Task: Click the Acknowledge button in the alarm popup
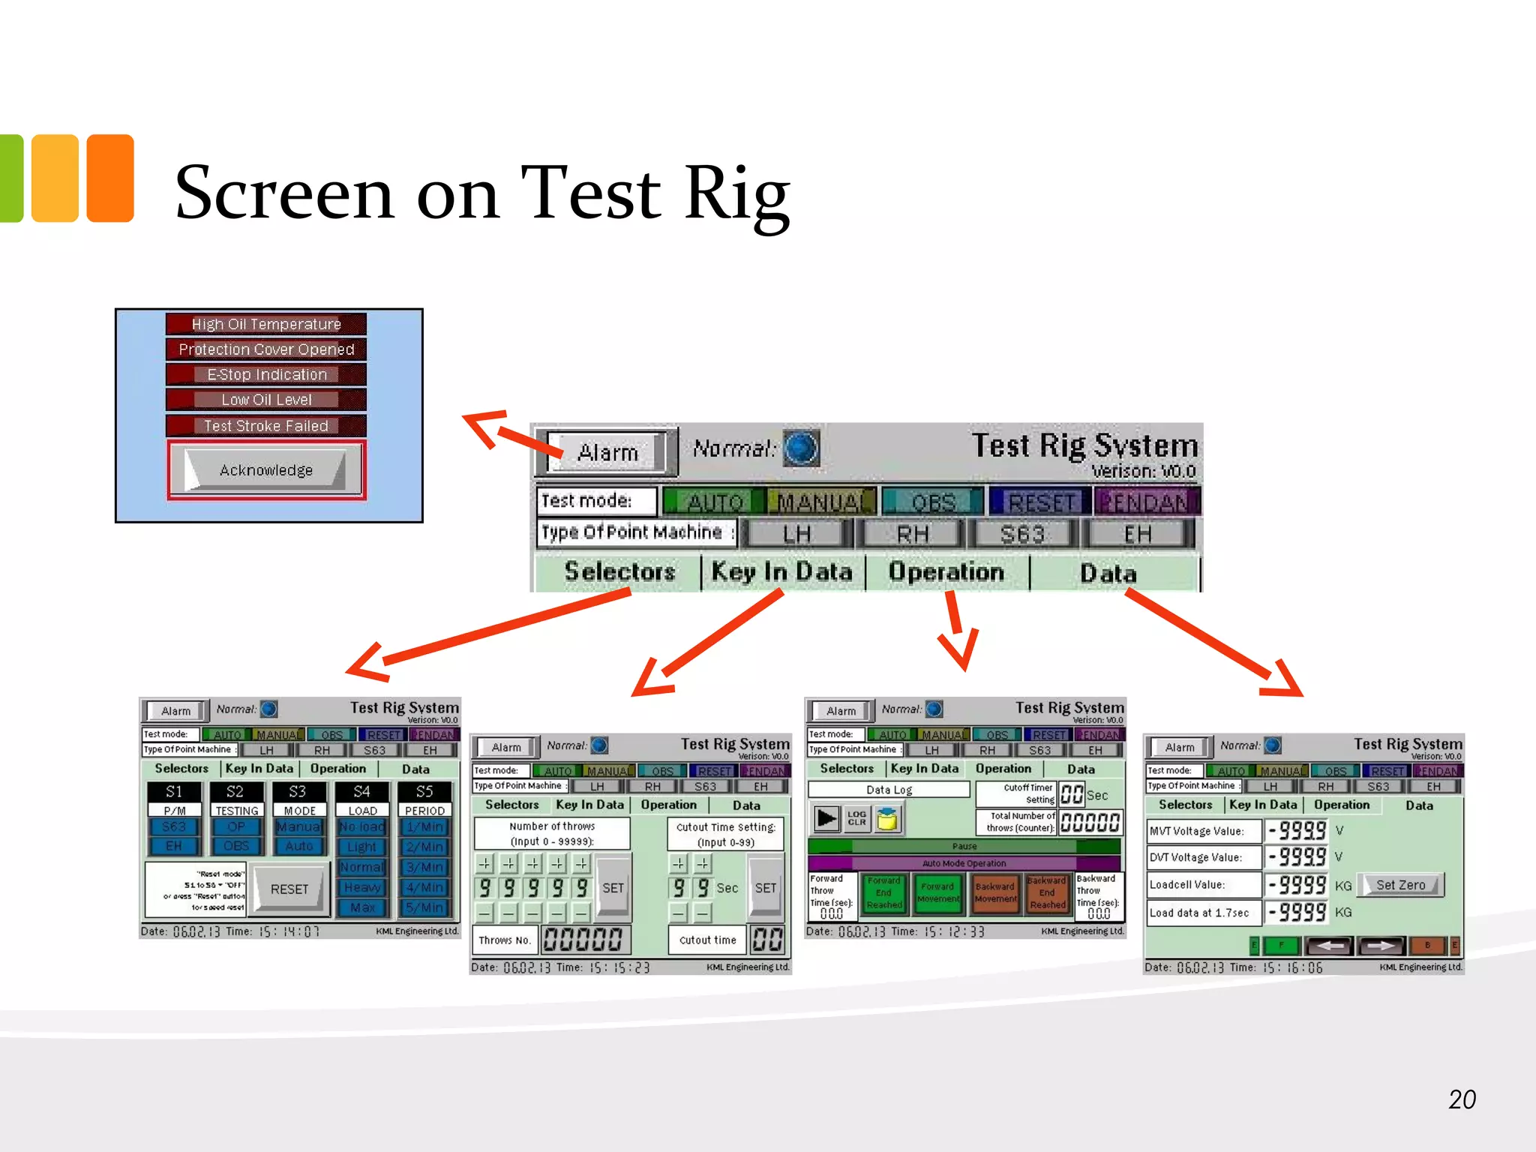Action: [x=265, y=470]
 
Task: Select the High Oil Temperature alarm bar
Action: [x=266, y=324]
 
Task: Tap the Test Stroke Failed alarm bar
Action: [x=266, y=426]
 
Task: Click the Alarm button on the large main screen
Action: [x=607, y=452]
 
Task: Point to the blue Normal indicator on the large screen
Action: [x=801, y=448]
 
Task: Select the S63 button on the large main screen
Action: [x=1022, y=534]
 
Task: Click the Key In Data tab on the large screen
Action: [x=781, y=572]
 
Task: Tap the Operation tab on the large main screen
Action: [x=946, y=572]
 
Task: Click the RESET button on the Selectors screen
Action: [x=289, y=889]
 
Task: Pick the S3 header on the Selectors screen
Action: [x=298, y=791]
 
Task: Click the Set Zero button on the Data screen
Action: [x=1400, y=885]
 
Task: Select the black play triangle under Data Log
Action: [x=826, y=818]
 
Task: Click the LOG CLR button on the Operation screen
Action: [x=856, y=818]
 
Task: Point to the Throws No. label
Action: [x=505, y=940]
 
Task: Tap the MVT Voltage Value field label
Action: [x=1196, y=831]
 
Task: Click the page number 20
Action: [x=1462, y=1099]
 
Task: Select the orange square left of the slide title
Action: [x=110, y=178]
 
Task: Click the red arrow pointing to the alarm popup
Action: [x=510, y=434]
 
